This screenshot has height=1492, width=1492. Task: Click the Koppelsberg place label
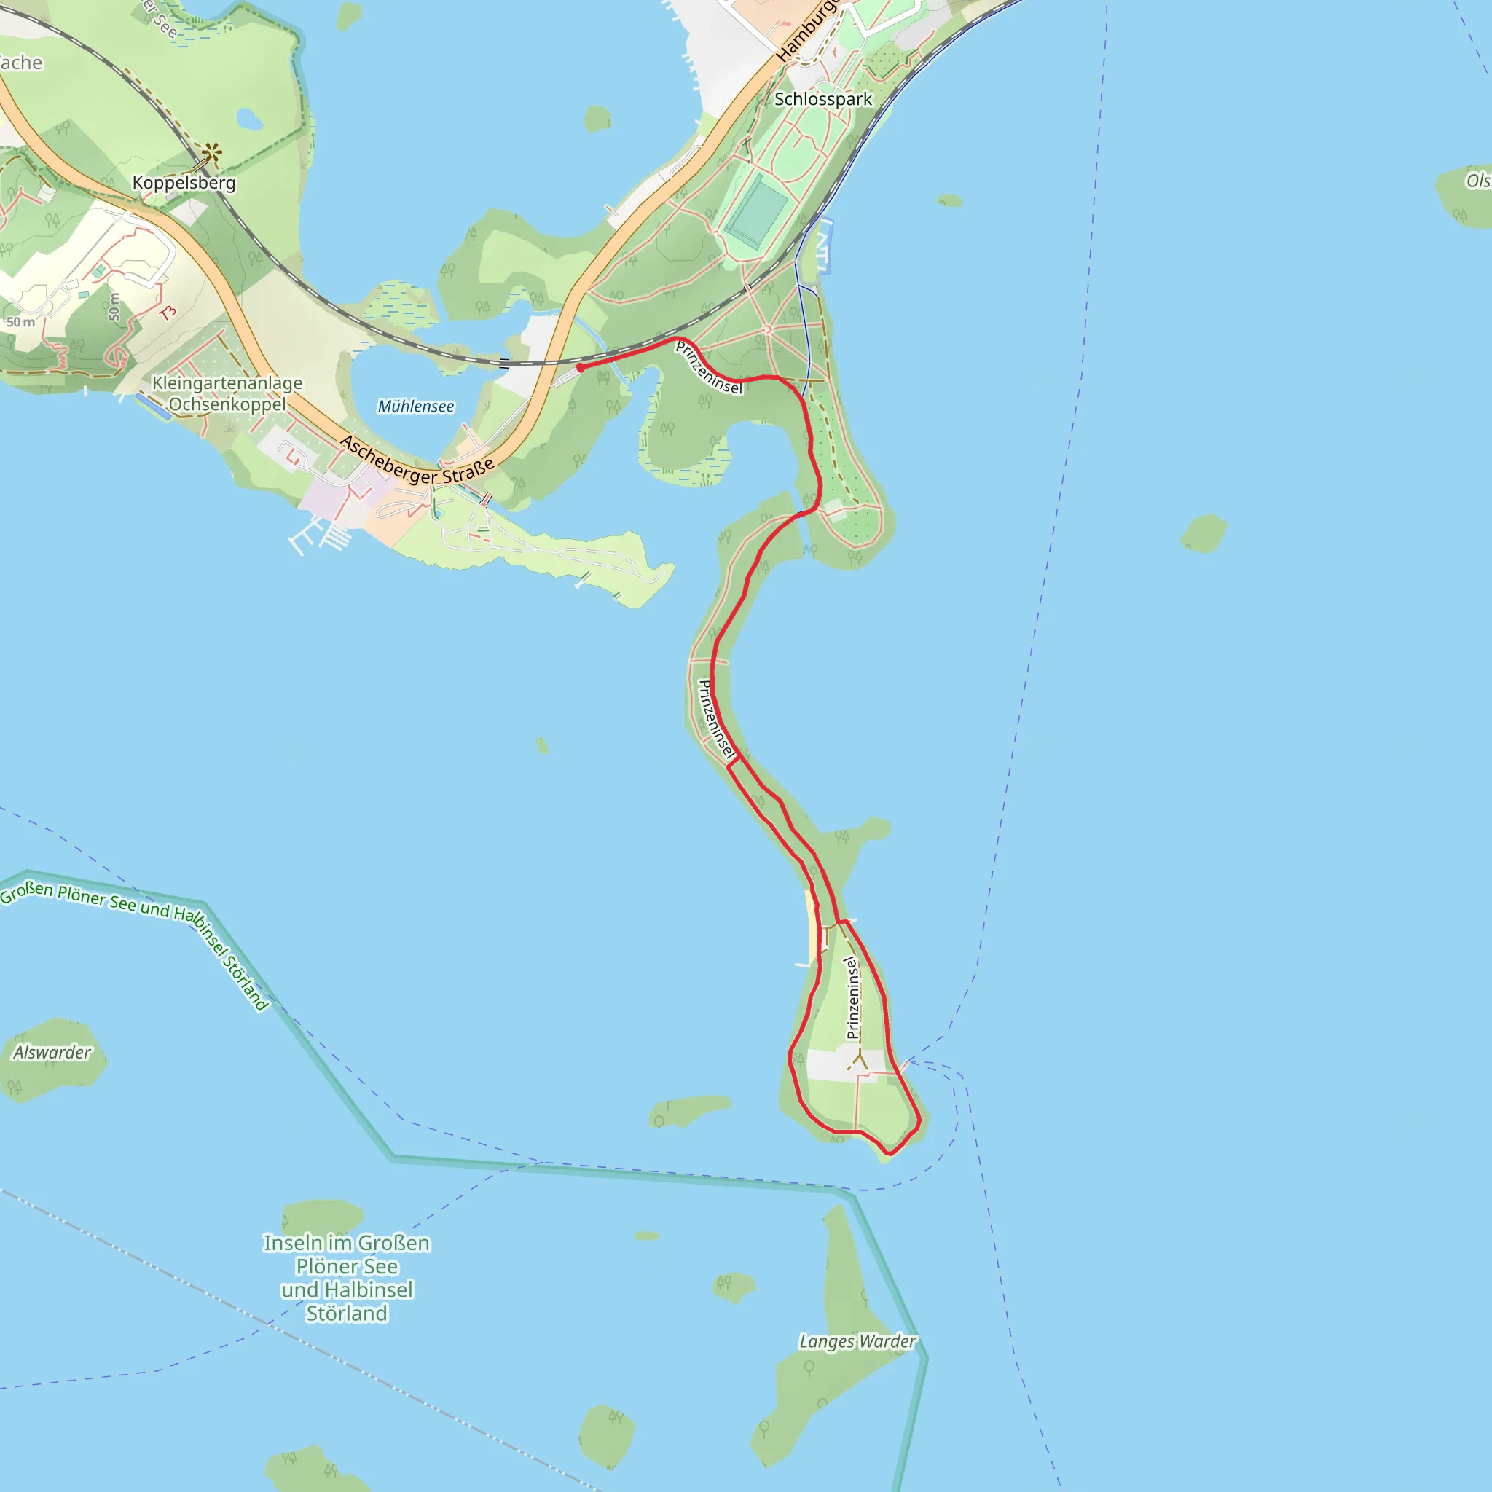[x=184, y=183]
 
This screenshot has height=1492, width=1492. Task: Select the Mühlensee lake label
[x=415, y=407]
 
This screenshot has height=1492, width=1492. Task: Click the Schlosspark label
[x=822, y=99]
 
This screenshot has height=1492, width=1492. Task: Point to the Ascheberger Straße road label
[x=417, y=461]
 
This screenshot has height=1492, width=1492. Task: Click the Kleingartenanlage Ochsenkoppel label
[x=227, y=394]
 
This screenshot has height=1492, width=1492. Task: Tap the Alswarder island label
[x=52, y=1053]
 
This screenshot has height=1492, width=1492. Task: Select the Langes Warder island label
[x=857, y=1341]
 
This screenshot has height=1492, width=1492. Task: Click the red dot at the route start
[x=581, y=368]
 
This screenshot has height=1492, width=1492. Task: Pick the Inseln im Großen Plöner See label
[x=347, y=1277]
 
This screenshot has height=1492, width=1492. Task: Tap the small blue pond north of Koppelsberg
[x=248, y=119]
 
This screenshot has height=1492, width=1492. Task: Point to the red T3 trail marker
[x=168, y=313]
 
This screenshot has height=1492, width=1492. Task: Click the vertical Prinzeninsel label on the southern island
[x=852, y=998]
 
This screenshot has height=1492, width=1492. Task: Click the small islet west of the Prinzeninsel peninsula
[x=542, y=745]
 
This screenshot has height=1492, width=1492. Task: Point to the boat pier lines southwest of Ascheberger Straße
[x=321, y=535]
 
